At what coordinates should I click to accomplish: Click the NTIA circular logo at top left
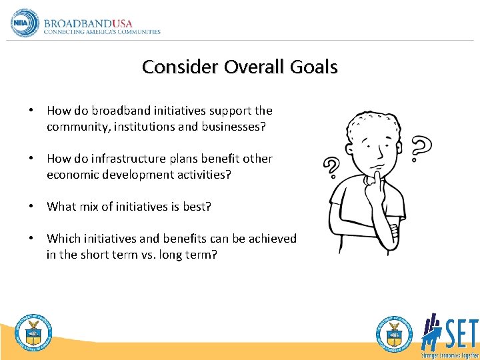click(25, 23)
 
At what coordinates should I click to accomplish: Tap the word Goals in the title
click(313, 67)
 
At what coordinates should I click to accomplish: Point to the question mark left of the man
click(331, 169)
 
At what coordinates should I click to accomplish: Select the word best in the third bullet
click(196, 207)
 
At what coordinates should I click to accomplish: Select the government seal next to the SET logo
click(394, 332)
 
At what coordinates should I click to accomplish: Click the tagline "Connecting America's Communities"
click(102, 32)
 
